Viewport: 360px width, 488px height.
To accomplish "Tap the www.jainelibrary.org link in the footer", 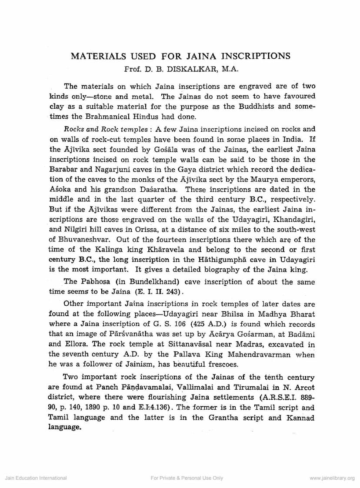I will (x=332, y=478).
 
